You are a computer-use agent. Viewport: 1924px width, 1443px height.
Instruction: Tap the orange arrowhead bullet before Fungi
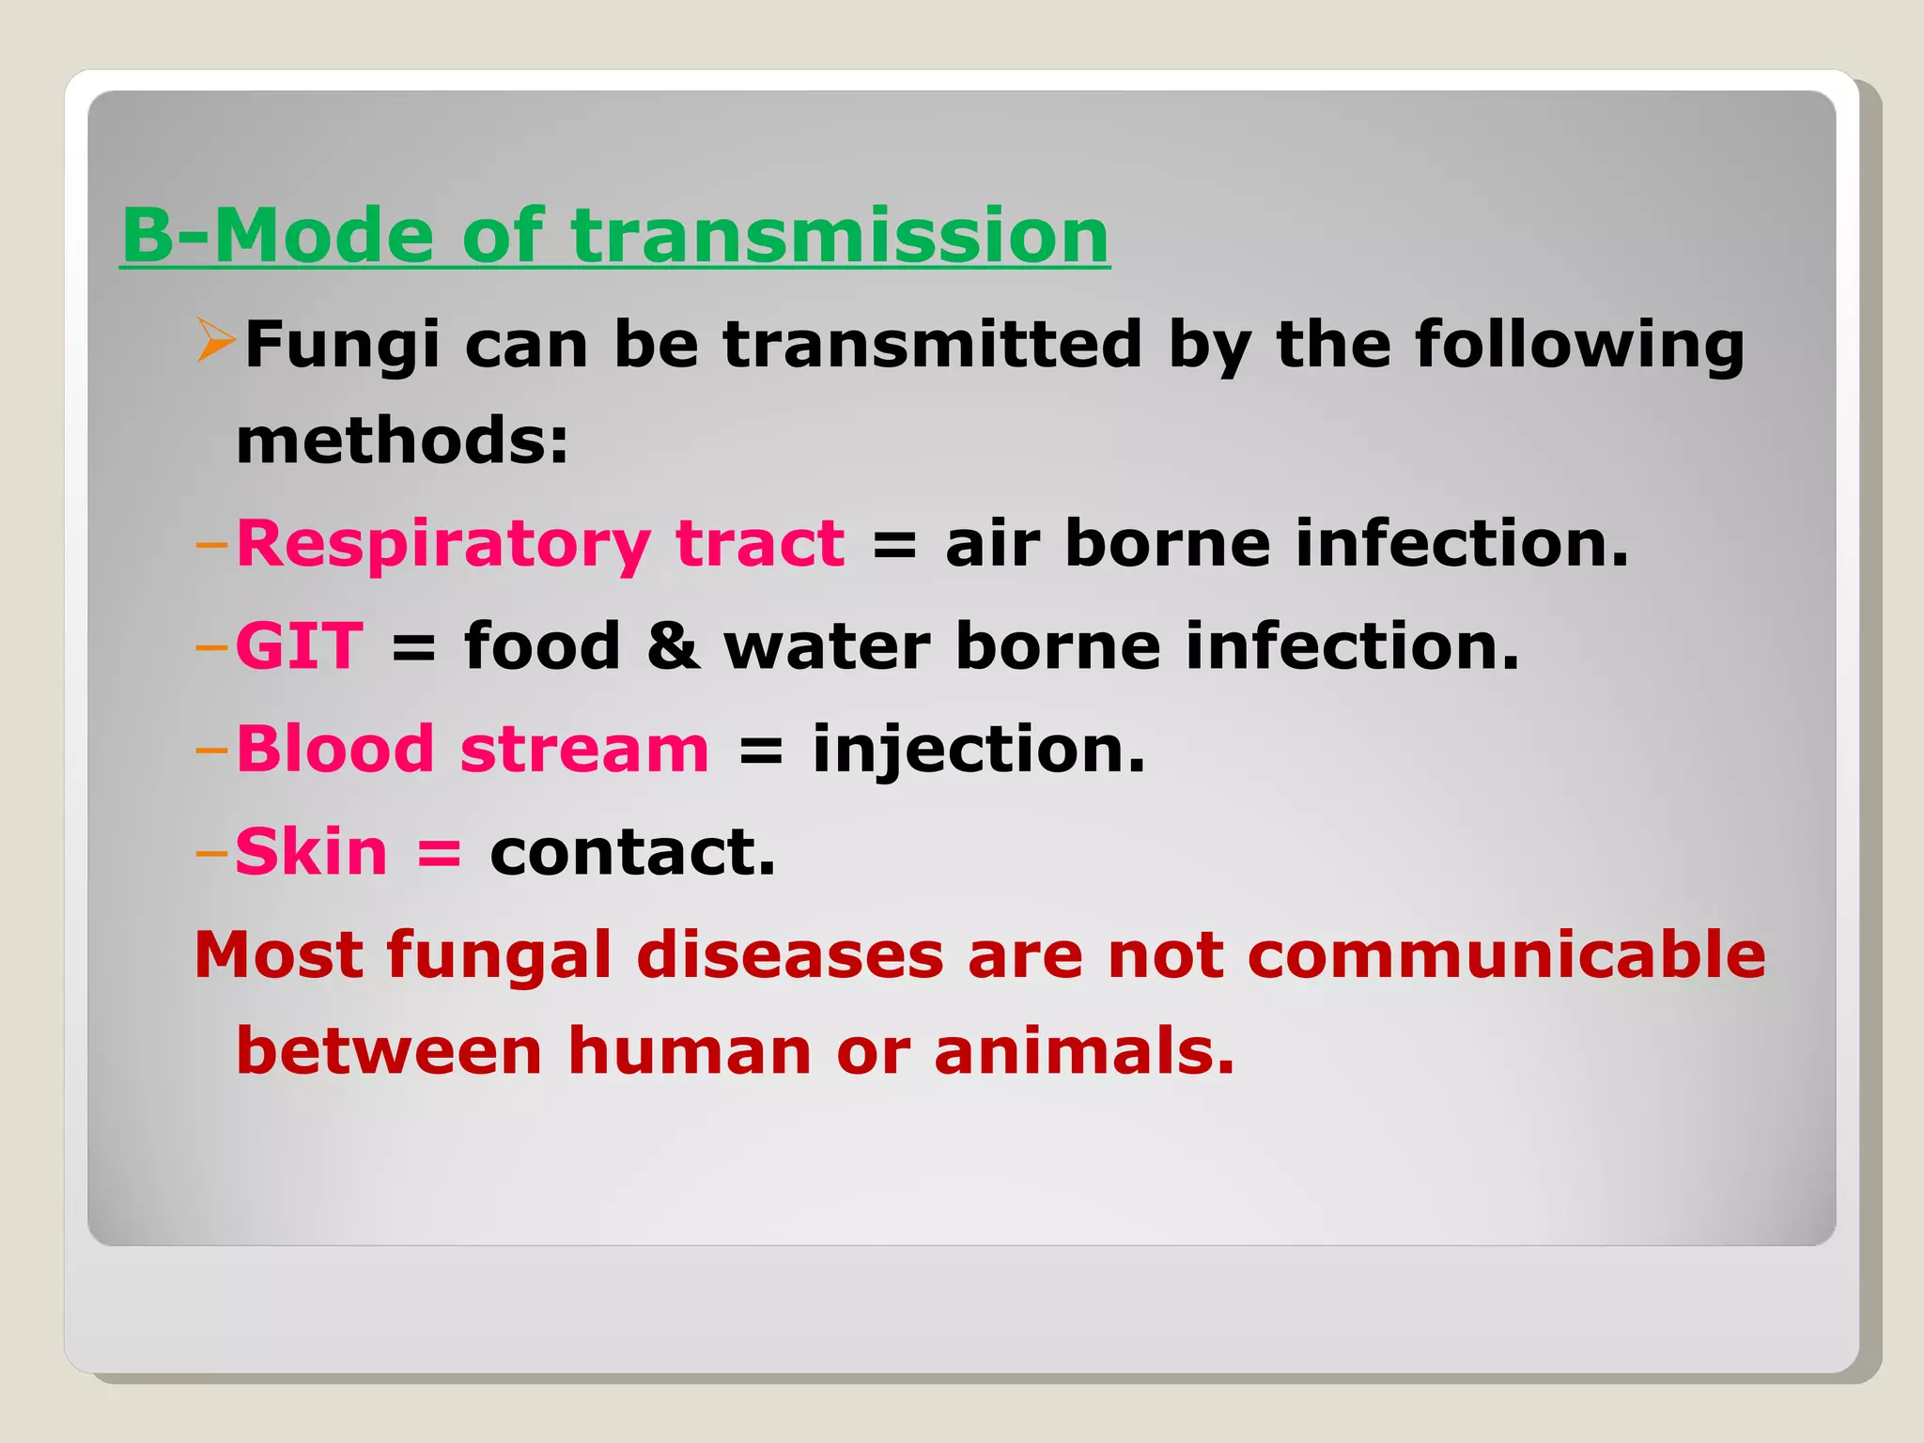click(x=215, y=340)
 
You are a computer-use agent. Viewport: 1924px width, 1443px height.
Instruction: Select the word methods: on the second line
click(x=402, y=441)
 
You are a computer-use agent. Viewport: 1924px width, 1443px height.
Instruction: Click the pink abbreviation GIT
click(x=299, y=646)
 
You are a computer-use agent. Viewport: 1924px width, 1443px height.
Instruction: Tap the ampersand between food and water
click(x=673, y=646)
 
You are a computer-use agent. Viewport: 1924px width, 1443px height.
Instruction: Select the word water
click(x=827, y=646)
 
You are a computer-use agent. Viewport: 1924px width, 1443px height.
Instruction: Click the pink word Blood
click(x=334, y=750)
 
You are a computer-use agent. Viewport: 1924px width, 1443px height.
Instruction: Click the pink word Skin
click(x=311, y=852)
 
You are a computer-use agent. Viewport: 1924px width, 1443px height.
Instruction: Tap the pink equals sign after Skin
click(x=439, y=854)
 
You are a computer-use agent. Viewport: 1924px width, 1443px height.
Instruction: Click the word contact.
click(x=632, y=853)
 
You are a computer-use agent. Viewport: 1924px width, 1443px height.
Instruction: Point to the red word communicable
click(x=1506, y=955)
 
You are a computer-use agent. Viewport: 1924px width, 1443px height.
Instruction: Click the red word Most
click(x=278, y=955)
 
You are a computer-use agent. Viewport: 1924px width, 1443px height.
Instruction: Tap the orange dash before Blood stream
click(x=212, y=750)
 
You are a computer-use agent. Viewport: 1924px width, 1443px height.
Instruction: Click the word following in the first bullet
click(x=1579, y=346)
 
